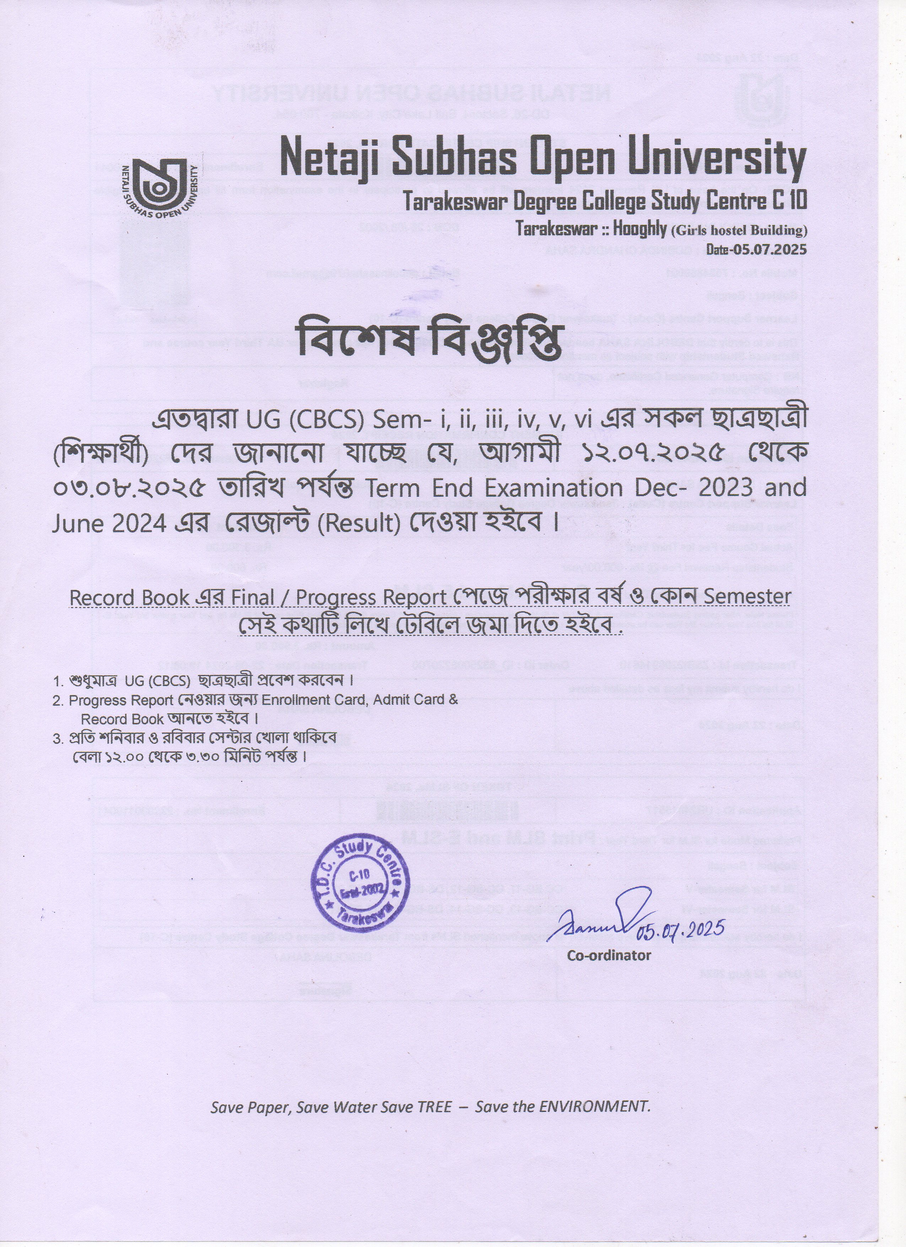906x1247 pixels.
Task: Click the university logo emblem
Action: [160, 187]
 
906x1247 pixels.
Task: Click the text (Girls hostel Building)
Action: [739, 230]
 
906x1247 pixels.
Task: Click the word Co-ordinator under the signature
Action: [609, 955]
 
